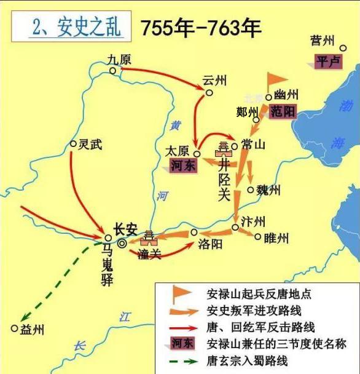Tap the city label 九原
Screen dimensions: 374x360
coord(119,59)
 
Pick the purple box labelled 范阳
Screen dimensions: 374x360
coord(283,111)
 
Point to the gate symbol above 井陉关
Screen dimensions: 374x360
coord(224,147)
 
